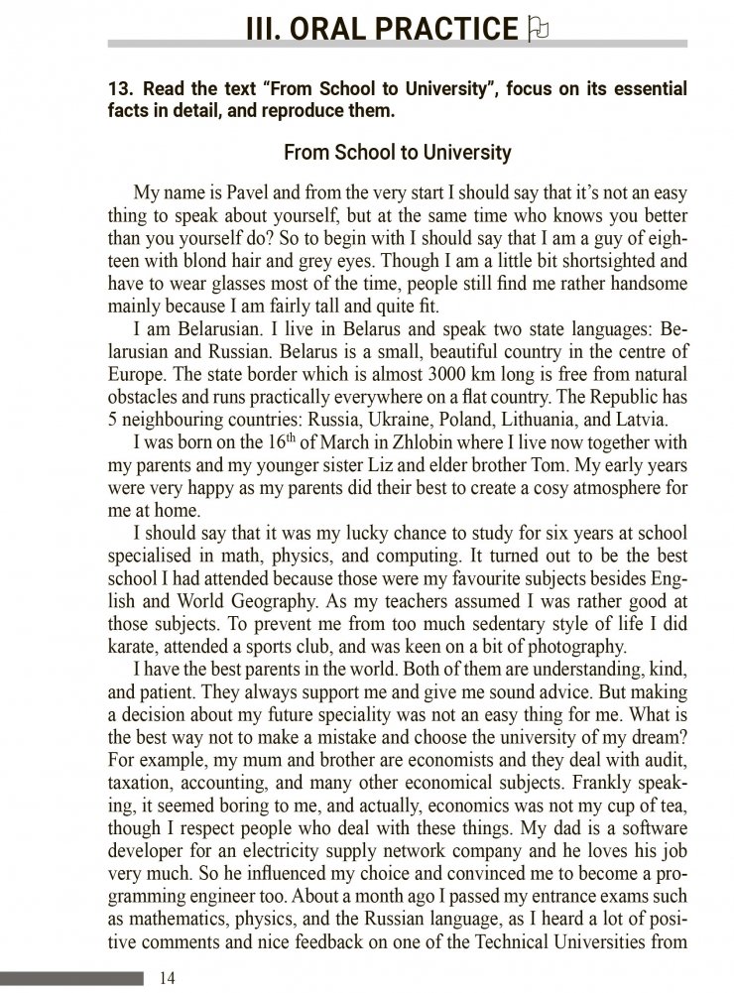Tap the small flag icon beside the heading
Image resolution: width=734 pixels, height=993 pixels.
pyautogui.click(x=540, y=28)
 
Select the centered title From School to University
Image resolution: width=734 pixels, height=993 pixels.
pyautogui.click(x=397, y=153)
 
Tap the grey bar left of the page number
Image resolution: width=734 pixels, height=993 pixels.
pyautogui.click(x=71, y=978)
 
